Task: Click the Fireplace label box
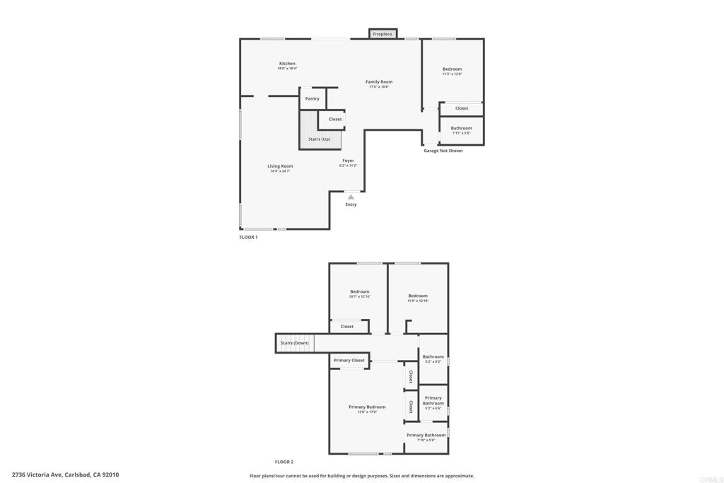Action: click(383, 34)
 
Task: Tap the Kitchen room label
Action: click(287, 64)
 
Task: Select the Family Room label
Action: click(379, 82)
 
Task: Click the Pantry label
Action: click(312, 99)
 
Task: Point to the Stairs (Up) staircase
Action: click(319, 139)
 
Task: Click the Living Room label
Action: click(280, 166)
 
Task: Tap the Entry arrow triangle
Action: click(351, 197)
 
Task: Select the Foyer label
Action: click(348, 161)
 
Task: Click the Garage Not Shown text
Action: click(443, 151)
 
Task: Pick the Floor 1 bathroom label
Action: click(461, 129)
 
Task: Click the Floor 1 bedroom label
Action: click(452, 69)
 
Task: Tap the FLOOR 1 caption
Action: click(248, 238)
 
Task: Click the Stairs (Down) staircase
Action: click(294, 343)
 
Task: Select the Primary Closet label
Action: click(349, 361)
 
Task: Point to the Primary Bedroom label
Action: click(367, 407)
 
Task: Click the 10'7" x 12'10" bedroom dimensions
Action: click(359, 297)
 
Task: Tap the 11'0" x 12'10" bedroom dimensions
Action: click(418, 301)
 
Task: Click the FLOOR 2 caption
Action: click(284, 462)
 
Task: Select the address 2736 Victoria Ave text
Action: click(65, 475)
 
